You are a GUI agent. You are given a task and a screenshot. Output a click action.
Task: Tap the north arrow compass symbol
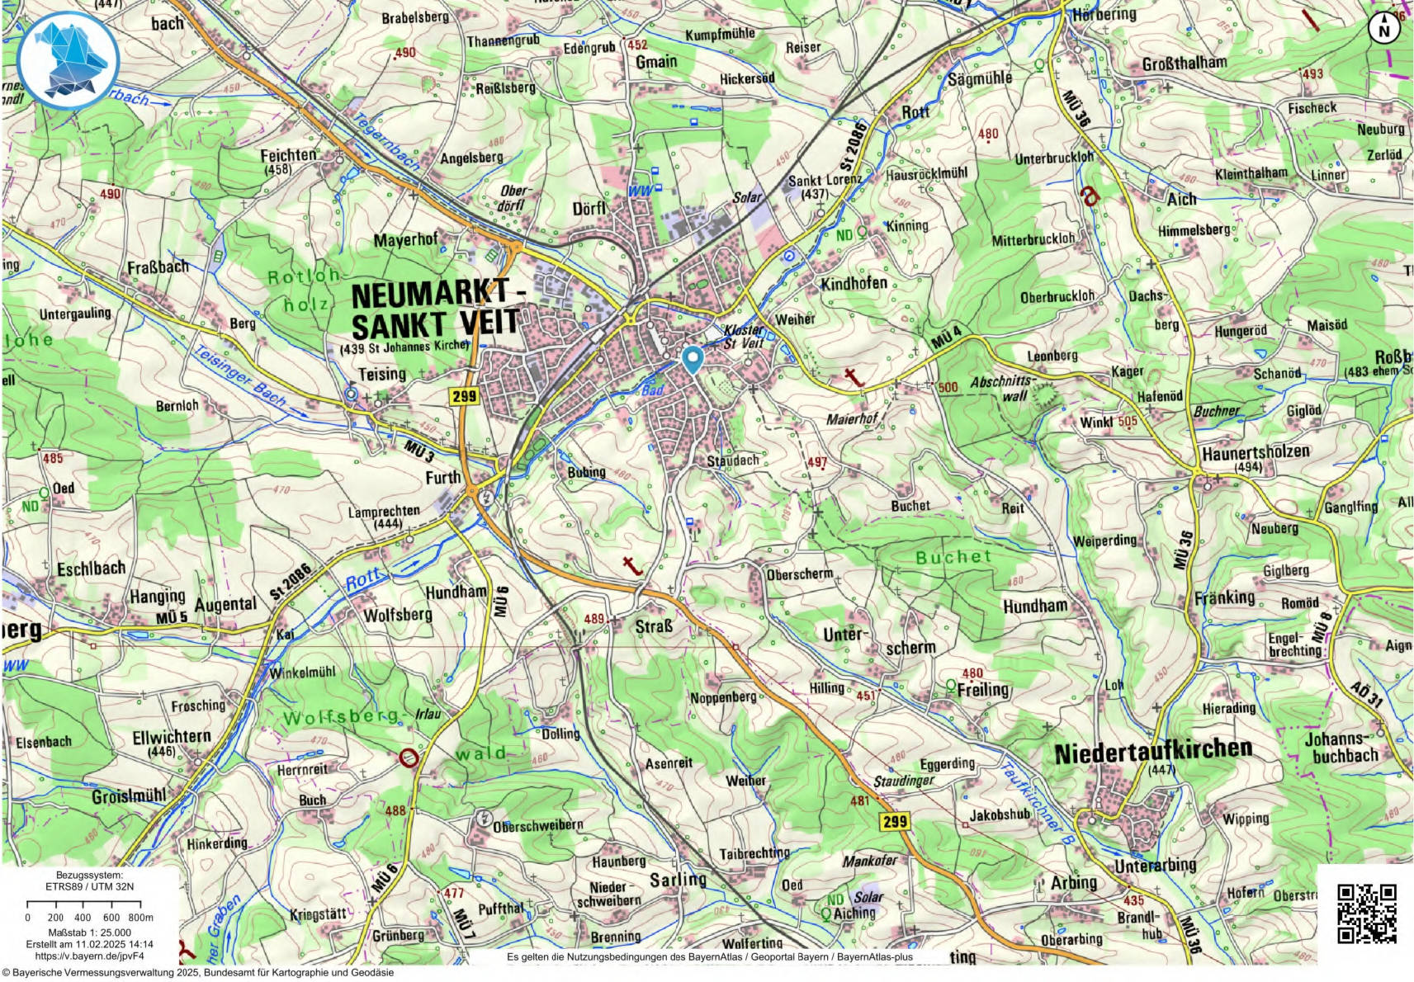[1384, 28]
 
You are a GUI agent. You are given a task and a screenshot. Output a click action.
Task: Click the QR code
[1366, 913]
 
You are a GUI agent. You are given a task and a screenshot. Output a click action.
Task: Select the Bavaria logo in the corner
[68, 59]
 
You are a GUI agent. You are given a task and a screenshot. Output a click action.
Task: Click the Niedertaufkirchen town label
[1153, 751]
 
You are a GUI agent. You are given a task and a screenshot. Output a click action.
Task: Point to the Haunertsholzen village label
[1255, 453]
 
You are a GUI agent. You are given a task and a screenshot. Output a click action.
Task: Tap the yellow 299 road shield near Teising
[464, 396]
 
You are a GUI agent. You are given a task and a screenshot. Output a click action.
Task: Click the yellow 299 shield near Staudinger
[894, 821]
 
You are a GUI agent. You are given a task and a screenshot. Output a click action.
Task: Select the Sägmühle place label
[979, 78]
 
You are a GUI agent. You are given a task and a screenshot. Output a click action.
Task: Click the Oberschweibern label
[537, 825]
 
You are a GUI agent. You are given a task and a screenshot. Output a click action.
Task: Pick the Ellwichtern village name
[172, 737]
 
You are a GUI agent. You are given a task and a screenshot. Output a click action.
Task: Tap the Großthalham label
[1184, 64]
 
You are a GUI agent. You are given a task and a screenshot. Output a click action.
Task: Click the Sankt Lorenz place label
[824, 180]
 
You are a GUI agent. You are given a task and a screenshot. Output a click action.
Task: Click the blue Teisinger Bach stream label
[239, 376]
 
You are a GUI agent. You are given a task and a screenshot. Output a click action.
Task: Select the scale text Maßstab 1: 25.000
[89, 932]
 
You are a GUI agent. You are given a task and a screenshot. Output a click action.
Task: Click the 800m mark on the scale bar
[141, 917]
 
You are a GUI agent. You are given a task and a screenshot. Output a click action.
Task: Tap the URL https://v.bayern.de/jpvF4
[89, 956]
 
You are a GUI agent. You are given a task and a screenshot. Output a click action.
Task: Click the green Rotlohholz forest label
[304, 290]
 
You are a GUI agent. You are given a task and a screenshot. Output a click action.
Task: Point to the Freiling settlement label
[982, 690]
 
